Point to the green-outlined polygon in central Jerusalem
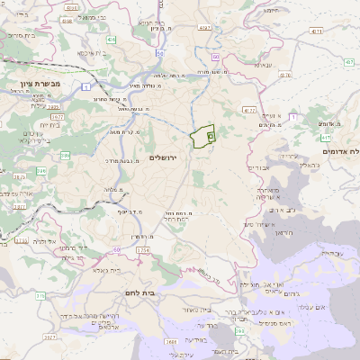203,137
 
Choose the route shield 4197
205,29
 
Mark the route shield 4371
314,31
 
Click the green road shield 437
326,138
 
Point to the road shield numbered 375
40,295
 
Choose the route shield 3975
56,115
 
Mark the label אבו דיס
258,168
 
